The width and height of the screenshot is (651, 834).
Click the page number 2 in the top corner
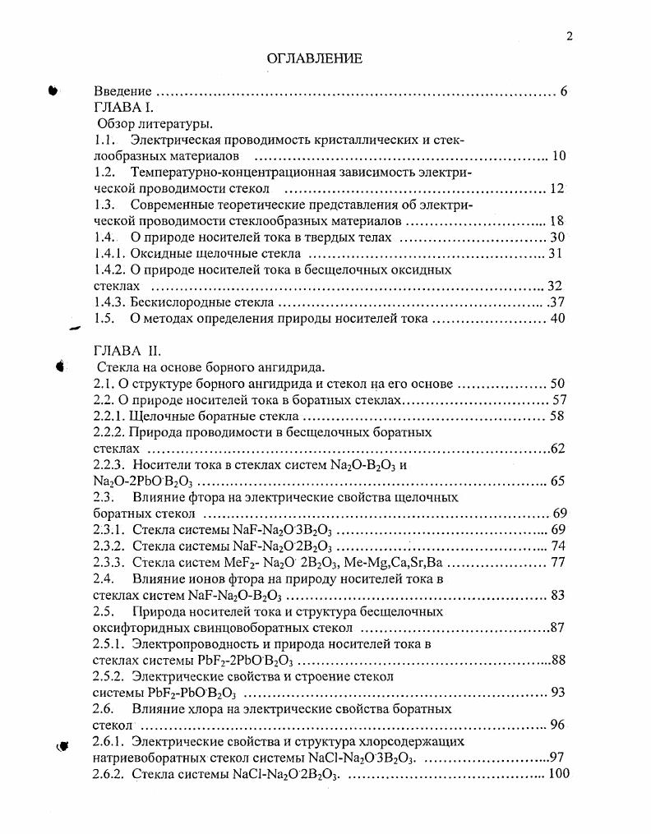(567, 35)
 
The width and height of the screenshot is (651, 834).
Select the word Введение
(122, 91)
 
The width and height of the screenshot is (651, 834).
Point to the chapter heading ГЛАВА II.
(122, 351)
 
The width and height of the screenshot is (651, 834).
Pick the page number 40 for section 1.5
(558, 318)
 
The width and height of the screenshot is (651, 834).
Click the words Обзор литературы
(155, 124)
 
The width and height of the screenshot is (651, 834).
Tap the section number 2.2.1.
(111, 416)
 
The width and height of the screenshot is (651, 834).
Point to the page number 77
(558, 562)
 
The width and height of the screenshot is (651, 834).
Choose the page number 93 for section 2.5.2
(558, 692)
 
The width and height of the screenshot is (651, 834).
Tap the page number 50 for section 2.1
(558, 383)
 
